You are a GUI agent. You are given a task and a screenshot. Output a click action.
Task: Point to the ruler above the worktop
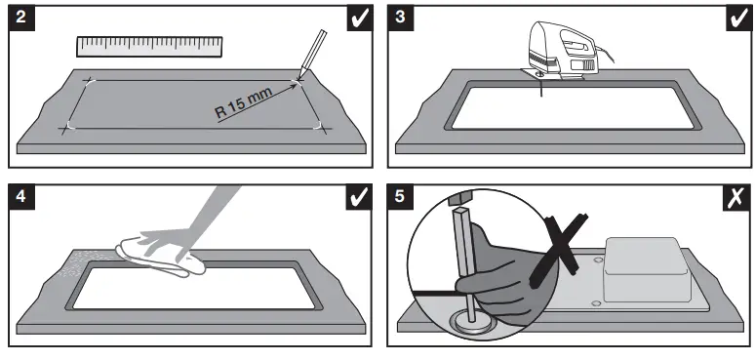click(x=149, y=46)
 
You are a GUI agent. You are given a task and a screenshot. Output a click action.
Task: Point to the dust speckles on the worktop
click(x=78, y=263)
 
